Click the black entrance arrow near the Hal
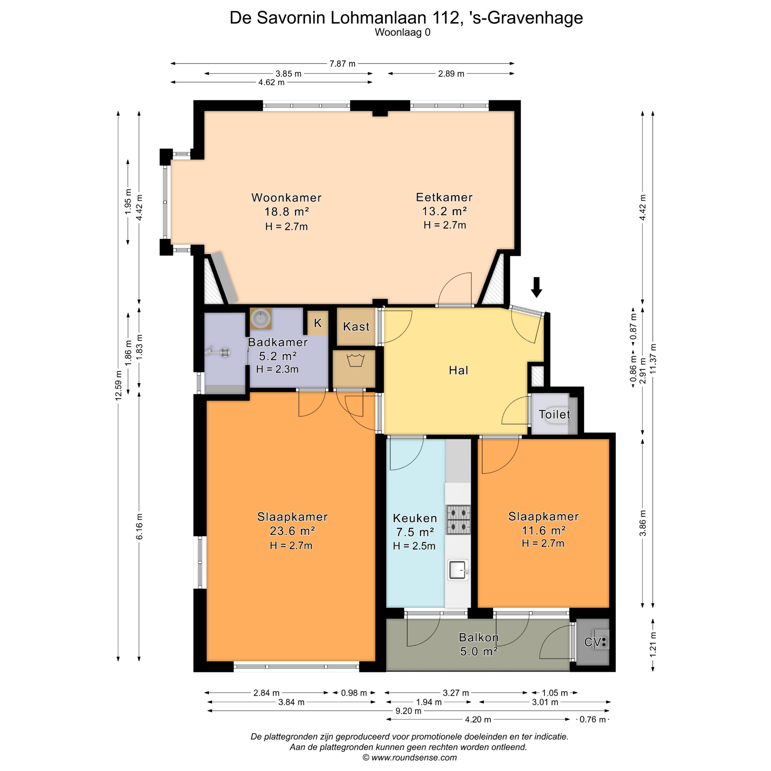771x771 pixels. pyautogui.click(x=536, y=287)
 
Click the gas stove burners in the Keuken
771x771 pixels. pyautogui.click(x=458, y=520)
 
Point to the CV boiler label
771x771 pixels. pyautogui.click(x=593, y=642)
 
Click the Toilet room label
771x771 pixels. pyautogui.click(x=554, y=414)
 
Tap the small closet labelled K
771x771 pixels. pyautogui.click(x=318, y=323)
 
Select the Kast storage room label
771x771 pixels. pyautogui.click(x=356, y=326)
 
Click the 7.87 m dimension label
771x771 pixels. pyautogui.click(x=342, y=64)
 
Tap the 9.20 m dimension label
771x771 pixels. pyautogui.click(x=408, y=711)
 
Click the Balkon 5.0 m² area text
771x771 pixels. pyautogui.click(x=479, y=651)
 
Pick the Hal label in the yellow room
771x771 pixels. pyautogui.click(x=459, y=370)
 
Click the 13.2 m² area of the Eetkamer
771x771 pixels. pyautogui.click(x=444, y=211)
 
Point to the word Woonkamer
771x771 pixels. pyautogui.click(x=286, y=198)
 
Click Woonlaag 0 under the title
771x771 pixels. pyautogui.click(x=402, y=33)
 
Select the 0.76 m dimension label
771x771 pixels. pyautogui.click(x=592, y=720)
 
